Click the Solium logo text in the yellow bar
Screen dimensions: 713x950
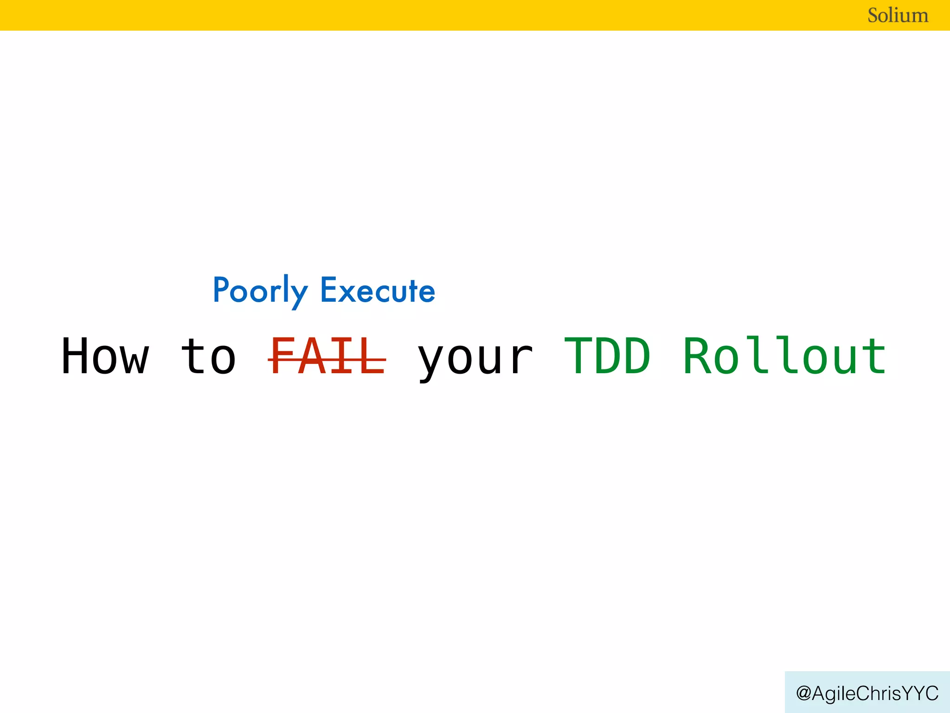898,15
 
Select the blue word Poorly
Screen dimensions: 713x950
260,291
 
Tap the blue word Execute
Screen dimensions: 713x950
378,291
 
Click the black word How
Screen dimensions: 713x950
105,356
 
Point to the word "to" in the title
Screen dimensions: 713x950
209,356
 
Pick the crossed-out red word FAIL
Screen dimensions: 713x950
327,356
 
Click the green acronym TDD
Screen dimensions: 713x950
608,356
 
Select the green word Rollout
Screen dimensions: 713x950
785,356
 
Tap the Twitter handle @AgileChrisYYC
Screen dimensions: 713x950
867,693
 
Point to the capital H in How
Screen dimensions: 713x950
76,356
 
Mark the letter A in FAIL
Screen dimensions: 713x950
312,356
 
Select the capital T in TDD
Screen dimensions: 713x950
578,356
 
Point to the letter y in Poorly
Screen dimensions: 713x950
299,295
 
